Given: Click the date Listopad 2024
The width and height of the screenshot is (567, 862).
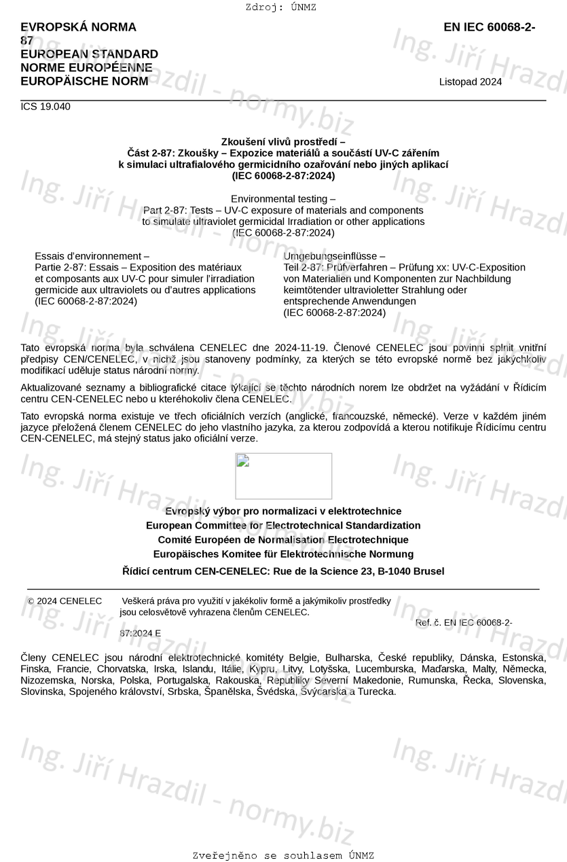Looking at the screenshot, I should (471, 82).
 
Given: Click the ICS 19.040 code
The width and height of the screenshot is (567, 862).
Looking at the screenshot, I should (45, 107).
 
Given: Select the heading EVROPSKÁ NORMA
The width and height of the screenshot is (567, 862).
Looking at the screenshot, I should (78, 27).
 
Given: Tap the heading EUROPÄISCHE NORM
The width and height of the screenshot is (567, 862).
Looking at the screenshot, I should (84, 82).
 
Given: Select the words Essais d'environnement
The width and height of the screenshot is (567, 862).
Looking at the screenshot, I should (92, 256).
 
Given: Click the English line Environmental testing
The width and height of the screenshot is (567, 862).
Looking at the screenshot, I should (283, 199).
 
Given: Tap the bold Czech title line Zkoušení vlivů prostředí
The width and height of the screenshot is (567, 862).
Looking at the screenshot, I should (283, 142).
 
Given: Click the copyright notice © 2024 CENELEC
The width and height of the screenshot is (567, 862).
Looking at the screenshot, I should (65, 601).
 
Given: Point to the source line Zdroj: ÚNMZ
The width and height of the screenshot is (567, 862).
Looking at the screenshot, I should (280, 7).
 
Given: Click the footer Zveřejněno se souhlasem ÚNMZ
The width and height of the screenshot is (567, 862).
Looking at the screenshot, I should (283, 856).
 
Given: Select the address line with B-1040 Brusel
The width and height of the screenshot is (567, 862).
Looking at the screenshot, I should (283, 571).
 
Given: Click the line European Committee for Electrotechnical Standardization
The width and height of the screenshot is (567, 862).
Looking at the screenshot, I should (283, 526).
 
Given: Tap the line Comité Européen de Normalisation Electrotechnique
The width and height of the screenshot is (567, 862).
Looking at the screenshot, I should (283, 540).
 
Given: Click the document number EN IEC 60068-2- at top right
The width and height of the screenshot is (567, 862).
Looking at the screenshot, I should (489, 27).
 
